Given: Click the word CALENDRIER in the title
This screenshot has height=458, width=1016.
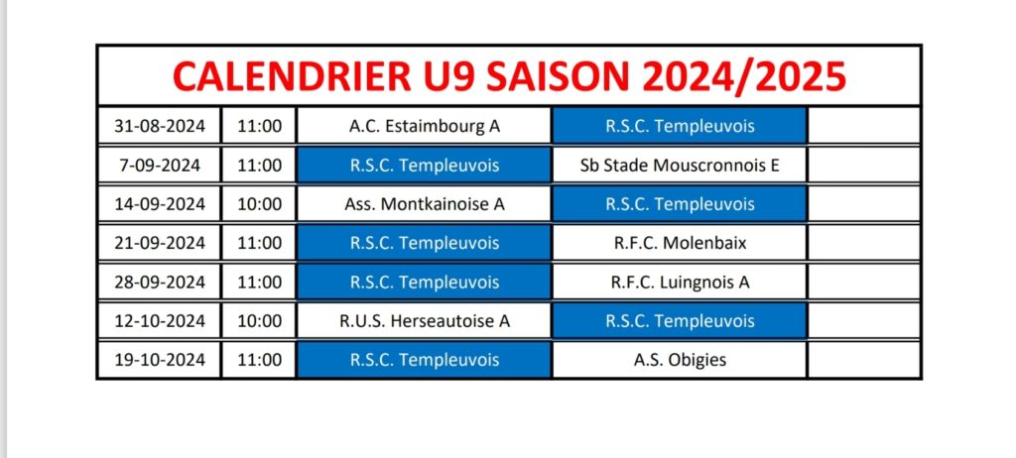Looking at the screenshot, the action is point(293,76).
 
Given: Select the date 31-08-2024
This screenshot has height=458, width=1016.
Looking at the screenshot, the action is point(160,126).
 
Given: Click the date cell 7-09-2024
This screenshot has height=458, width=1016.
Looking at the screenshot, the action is point(160,166).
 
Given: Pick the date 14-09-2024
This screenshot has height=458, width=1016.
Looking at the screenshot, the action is point(160,204).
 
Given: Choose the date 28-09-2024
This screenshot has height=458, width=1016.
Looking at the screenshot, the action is point(160,282).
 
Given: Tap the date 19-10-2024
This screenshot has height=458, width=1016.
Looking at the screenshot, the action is point(160,360).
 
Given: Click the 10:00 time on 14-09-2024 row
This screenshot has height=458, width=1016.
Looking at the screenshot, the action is point(260,204).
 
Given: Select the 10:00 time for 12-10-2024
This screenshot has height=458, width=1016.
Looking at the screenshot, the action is point(260,320).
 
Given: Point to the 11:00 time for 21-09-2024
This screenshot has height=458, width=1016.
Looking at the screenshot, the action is point(260,243).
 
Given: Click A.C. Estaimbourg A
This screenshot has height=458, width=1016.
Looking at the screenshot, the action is point(425,126).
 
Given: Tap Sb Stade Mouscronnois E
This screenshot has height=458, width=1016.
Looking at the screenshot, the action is point(680,166).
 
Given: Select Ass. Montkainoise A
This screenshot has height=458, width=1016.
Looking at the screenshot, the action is point(425,204).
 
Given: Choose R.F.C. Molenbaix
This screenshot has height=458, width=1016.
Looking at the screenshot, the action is point(680,243).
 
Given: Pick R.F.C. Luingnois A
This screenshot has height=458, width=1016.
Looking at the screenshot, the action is point(680,283).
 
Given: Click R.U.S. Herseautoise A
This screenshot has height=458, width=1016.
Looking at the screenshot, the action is point(425,320).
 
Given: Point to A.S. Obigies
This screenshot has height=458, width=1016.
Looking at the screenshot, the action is point(680,360).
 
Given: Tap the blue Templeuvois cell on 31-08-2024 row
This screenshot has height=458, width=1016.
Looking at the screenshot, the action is point(680,126).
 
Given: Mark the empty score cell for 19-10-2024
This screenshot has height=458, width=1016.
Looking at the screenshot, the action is point(864,360).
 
